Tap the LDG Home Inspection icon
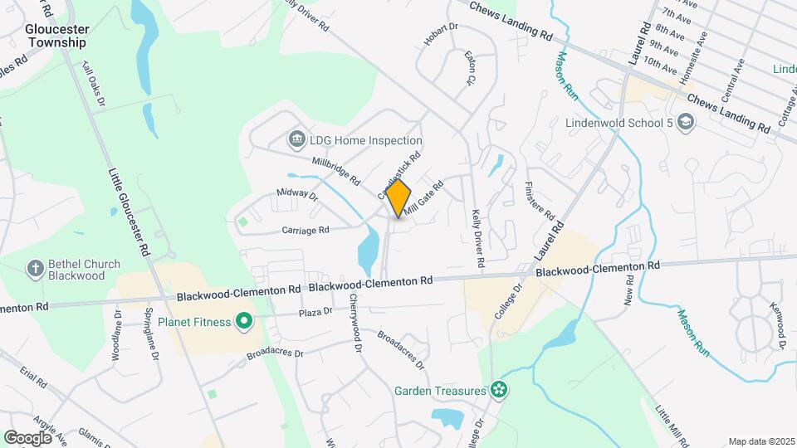(296, 140)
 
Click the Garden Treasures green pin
(498, 388)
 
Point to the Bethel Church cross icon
(35, 268)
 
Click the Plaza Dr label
(315, 312)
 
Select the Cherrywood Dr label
(355, 324)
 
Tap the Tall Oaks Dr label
(94, 85)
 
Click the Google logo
(28, 437)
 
